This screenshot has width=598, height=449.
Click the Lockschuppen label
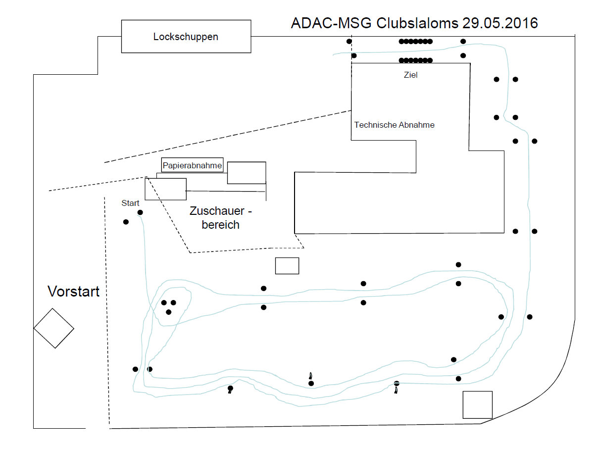186,37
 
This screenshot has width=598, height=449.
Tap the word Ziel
411,75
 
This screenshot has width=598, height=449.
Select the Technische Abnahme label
394,125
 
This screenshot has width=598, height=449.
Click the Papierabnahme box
192,165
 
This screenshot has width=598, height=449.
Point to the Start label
131,203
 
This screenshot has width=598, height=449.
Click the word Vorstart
73,292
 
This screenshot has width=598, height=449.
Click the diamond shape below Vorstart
53,328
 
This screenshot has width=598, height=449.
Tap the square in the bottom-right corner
477,404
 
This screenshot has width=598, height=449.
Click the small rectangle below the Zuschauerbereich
287,266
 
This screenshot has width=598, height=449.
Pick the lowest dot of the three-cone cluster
169,312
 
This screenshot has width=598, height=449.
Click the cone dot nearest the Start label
140,212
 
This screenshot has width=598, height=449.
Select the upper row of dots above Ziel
416,42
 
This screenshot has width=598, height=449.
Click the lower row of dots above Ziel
416,60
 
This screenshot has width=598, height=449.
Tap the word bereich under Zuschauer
220,225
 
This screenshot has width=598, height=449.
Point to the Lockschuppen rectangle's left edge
122,37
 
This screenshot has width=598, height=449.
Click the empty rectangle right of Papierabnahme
247,173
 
